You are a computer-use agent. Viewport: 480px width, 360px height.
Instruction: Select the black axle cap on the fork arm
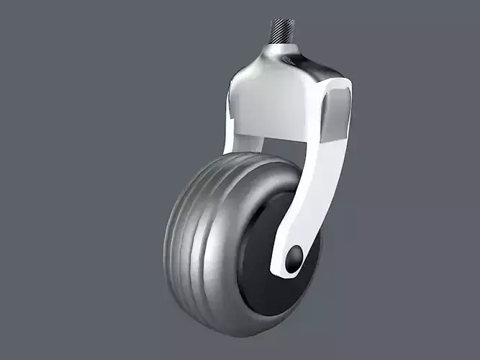[x=294, y=260]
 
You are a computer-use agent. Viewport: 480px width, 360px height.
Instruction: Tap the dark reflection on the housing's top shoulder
[x=317, y=68]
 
